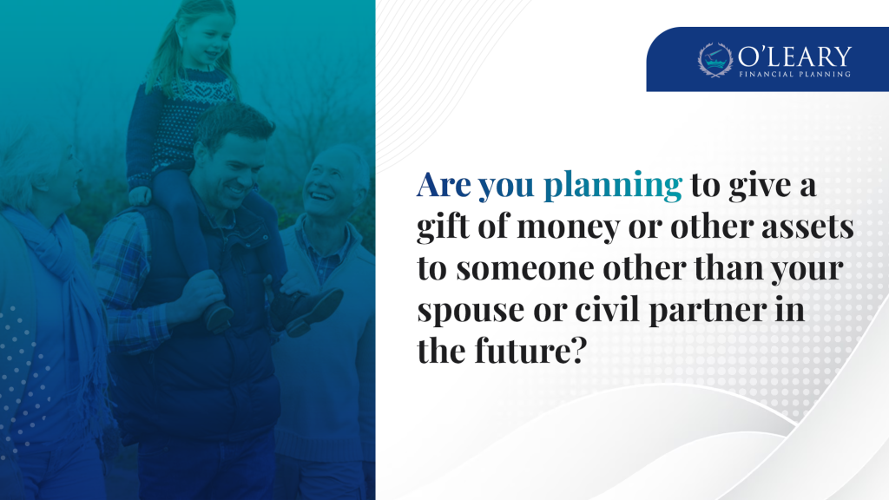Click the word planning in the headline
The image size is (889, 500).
point(612,187)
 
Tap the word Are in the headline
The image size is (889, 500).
point(444,185)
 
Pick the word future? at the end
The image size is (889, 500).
point(530,351)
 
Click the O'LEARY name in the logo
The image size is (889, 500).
point(794,56)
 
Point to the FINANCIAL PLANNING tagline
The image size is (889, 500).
point(794,75)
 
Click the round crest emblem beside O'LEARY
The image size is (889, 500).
point(715,59)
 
